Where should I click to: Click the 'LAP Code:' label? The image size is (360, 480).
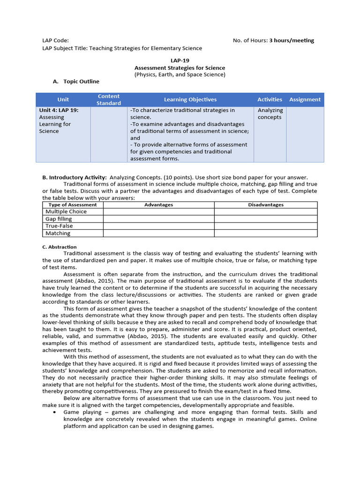(55, 40)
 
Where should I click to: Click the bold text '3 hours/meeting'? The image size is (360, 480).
(292, 40)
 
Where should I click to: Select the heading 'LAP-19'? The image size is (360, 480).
(180, 60)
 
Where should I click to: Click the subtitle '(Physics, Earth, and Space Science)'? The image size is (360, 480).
(180, 75)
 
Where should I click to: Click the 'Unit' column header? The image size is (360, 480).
(63, 99)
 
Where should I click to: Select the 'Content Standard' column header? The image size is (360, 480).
(109, 99)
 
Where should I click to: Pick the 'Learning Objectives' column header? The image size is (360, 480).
(190, 99)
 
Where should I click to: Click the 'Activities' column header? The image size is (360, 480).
(270, 99)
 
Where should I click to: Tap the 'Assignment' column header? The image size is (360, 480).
(305, 99)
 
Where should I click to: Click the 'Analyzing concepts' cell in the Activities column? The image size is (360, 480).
(270, 114)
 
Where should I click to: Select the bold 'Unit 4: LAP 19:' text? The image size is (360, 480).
(59, 110)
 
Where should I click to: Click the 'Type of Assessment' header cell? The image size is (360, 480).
(73, 205)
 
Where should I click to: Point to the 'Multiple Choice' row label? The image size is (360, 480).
(66, 212)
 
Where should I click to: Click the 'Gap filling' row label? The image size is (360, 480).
(59, 219)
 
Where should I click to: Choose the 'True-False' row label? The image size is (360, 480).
(59, 226)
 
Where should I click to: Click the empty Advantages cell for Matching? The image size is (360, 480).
(158, 233)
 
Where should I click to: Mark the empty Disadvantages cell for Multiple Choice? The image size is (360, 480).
(266, 212)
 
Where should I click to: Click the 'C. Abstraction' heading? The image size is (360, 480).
(60, 247)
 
